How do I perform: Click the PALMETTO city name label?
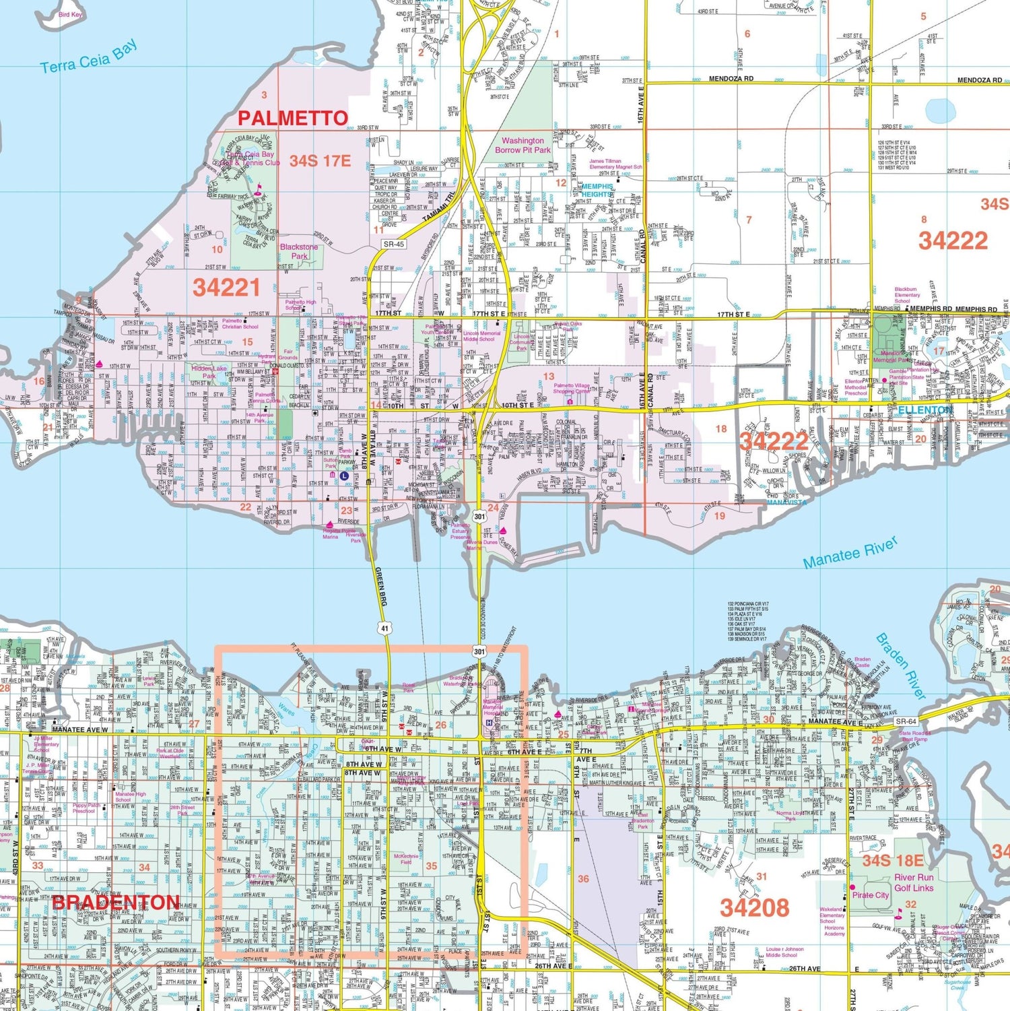click(x=292, y=119)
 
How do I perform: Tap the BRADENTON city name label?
click(x=115, y=903)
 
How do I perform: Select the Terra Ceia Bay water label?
click(x=89, y=57)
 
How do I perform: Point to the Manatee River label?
click(x=850, y=553)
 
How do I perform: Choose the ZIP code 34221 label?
click(x=226, y=288)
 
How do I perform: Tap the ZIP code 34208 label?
click(x=754, y=908)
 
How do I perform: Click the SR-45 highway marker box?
click(x=394, y=244)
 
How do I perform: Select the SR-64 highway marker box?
click(x=906, y=721)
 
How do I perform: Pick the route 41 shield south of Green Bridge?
click(x=384, y=628)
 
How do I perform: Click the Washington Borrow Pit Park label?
click(x=523, y=145)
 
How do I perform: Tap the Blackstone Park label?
click(x=299, y=251)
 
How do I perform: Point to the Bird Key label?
click(x=70, y=15)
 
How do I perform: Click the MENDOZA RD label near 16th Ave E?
click(x=731, y=79)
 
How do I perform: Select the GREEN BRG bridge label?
click(x=380, y=586)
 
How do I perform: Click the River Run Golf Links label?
click(x=914, y=882)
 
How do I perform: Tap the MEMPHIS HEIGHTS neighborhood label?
click(x=597, y=190)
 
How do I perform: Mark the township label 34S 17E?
click(x=320, y=161)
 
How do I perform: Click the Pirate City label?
click(x=870, y=895)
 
